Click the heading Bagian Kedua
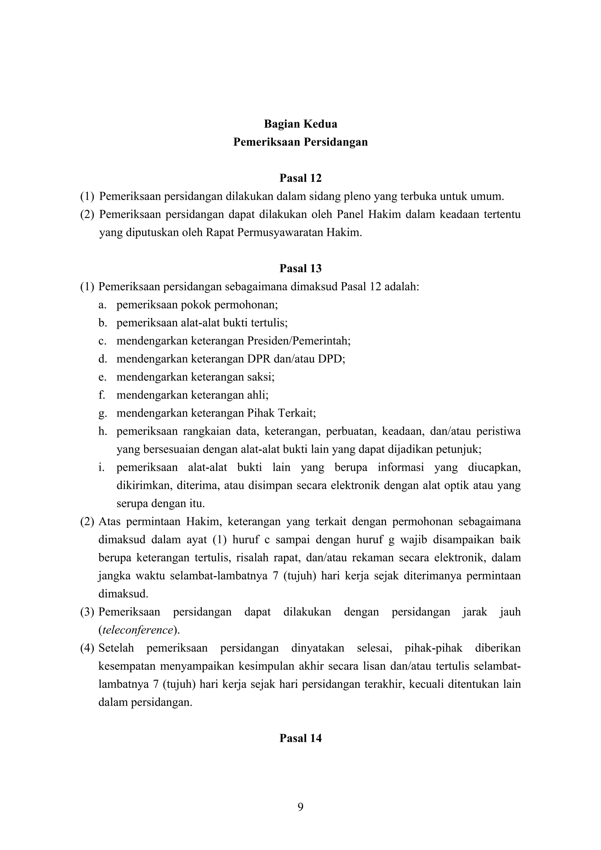click(x=300, y=124)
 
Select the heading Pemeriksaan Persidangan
click(x=300, y=142)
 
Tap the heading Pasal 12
click(x=300, y=178)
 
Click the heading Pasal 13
click(x=300, y=268)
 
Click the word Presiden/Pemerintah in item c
click(x=298, y=341)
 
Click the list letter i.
click(x=100, y=468)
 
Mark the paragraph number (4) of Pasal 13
click(x=87, y=648)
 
